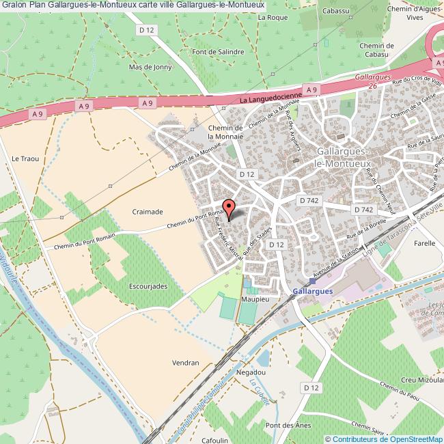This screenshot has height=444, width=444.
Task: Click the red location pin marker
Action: coord(229,208)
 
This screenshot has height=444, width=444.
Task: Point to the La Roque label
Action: coord(273,17)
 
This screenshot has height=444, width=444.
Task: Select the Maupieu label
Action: coord(252,299)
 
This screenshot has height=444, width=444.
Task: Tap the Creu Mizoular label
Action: coord(419,379)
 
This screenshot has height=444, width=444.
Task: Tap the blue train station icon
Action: coord(312,280)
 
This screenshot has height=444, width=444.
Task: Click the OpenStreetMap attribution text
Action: coord(384,439)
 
